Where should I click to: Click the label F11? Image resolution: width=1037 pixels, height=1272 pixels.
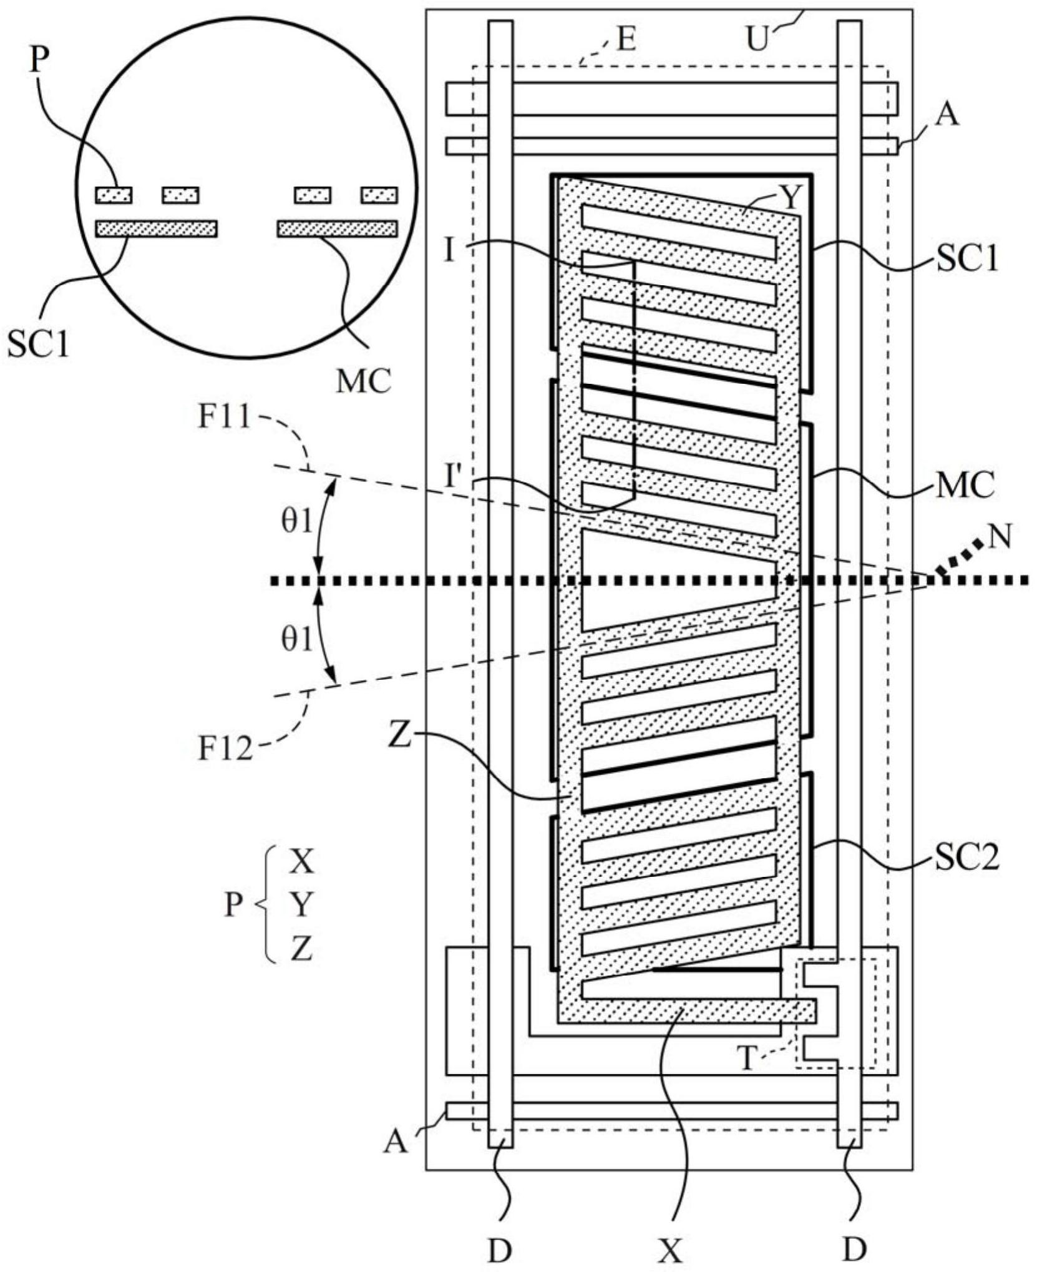pyautogui.click(x=224, y=417)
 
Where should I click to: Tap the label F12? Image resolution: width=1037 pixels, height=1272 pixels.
pyautogui.click(x=225, y=748)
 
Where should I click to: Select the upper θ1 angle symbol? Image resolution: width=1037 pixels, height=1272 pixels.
pyautogui.click(x=297, y=521)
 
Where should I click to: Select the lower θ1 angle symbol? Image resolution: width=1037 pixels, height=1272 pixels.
pyautogui.click(x=297, y=639)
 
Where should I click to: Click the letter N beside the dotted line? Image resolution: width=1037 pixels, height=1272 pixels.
pyautogui.click(x=1000, y=536)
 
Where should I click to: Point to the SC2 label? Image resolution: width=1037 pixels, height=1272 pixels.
pyautogui.click(x=966, y=858)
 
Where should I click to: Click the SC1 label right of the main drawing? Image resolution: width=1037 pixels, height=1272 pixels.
pyautogui.click(x=967, y=257)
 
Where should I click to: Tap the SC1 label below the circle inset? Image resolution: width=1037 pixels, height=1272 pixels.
pyautogui.click(x=38, y=343)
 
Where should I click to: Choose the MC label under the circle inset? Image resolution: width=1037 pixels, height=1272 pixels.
pyautogui.click(x=364, y=381)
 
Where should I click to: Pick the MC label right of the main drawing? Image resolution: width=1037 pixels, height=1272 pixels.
pyautogui.click(x=965, y=486)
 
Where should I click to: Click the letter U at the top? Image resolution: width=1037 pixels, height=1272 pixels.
pyautogui.click(x=758, y=39)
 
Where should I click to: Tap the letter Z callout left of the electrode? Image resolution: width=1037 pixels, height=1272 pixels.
pyautogui.click(x=399, y=736)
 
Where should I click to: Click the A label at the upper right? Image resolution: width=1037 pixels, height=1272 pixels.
pyautogui.click(x=947, y=115)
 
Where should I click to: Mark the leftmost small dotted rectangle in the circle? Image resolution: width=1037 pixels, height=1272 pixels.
pyautogui.click(x=114, y=195)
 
